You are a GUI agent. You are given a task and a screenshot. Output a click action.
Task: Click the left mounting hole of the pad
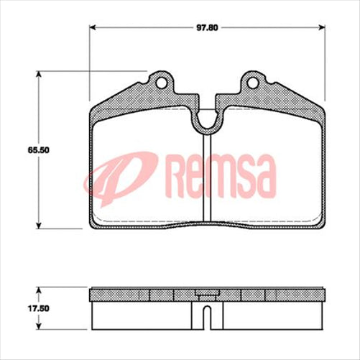coord(161,82)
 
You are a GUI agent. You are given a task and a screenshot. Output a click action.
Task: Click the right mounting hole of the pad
coord(253,82)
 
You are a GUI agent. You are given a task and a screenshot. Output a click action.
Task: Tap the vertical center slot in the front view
coord(207,180)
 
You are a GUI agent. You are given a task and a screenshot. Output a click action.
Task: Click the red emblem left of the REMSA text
coord(119,177)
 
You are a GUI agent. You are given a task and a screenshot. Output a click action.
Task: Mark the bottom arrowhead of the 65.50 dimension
coord(38,226)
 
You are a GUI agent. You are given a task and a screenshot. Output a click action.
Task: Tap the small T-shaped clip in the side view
coord(207,293)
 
